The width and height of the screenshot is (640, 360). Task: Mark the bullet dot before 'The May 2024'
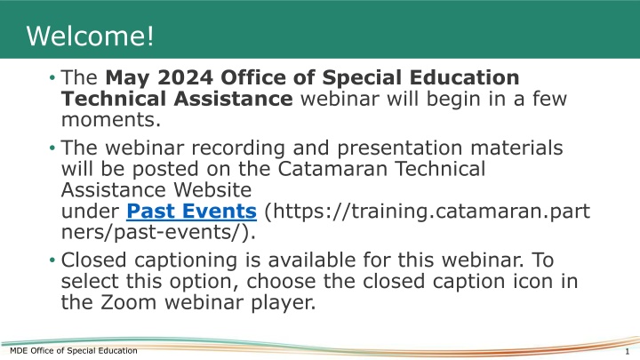[x=52, y=78]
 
